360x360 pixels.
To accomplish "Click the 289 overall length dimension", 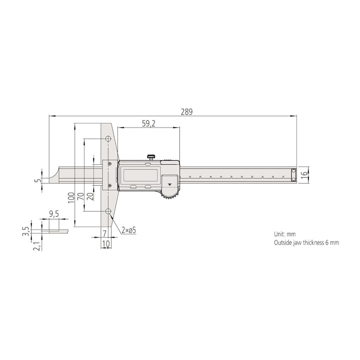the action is click(x=186, y=112).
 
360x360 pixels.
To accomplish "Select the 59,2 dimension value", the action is click(x=148, y=124).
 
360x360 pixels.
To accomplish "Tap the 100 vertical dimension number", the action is click(x=71, y=197).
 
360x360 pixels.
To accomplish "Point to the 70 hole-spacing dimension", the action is click(x=80, y=196).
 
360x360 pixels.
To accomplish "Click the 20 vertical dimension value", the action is click(x=90, y=196).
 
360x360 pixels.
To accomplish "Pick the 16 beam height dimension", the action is click(x=304, y=173).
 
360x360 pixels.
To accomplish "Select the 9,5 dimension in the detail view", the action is click(x=54, y=214).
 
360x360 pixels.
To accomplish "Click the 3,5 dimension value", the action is click(x=26, y=231).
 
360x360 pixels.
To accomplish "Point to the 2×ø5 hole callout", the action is click(x=129, y=230).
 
